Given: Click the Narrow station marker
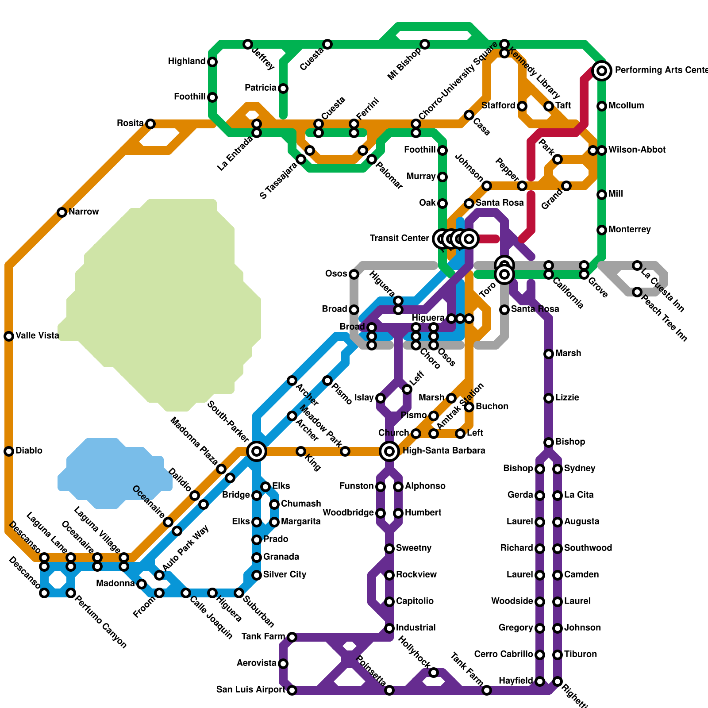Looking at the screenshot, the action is (x=62, y=212).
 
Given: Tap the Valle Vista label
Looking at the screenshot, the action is (x=37, y=336).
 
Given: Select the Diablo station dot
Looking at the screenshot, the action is (x=9, y=451).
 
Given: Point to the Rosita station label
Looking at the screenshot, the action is (x=130, y=123).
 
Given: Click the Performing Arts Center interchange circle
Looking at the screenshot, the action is (x=602, y=70).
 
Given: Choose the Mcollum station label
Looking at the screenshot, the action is (x=626, y=106).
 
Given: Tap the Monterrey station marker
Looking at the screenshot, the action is (x=602, y=230).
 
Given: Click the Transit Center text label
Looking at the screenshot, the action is (x=399, y=239).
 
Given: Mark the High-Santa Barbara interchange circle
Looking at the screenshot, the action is (x=389, y=451).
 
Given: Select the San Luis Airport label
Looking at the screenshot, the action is (x=251, y=690).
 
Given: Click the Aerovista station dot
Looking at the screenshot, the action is (x=283, y=664).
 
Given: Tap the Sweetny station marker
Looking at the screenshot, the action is (x=389, y=549).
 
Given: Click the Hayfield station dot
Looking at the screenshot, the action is (x=540, y=681).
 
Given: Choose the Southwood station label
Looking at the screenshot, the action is (x=588, y=548).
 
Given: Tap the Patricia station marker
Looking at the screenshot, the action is (x=283, y=88).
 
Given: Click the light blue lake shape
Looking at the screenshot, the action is (x=115, y=473).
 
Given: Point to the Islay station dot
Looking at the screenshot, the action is (x=381, y=398).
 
